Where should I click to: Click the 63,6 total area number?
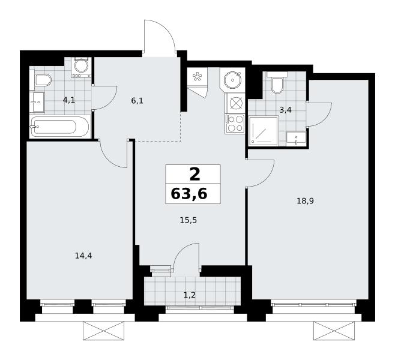pyautogui.click(x=189, y=194)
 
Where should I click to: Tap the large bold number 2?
pyautogui.click(x=194, y=175)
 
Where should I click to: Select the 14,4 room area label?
pyautogui.click(x=83, y=256)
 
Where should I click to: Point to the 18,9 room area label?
pyautogui.click(x=305, y=201)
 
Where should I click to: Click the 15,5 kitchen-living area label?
pyautogui.click(x=188, y=220)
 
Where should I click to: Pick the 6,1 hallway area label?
pyautogui.click(x=137, y=101)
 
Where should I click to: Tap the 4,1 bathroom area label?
pyautogui.click(x=69, y=100)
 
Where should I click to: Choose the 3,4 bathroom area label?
pyautogui.click(x=285, y=110)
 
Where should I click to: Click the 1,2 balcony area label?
pyautogui.click(x=190, y=295)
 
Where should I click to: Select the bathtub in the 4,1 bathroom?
pyautogui.click(x=59, y=127)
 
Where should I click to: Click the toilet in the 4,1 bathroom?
pyautogui.click(x=41, y=80)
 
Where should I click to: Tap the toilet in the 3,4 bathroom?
pyautogui.click(x=277, y=83)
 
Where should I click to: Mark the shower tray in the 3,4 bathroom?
pyautogui.click(x=264, y=131)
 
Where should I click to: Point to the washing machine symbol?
pyautogui.click(x=81, y=67)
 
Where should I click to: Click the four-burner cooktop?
pyautogui.click(x=235, y=124)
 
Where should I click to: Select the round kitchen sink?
pyautogui.click(x=233, y=80)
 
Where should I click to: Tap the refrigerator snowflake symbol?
pyautogui.click(x=197, y=77)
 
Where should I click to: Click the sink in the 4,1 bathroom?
pyautogui.click(x=37, y=102)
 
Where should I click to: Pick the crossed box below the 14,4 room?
pyautogui.click(x=104, y=331)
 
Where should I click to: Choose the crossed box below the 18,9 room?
pyautogui.click(x=334, y=331)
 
